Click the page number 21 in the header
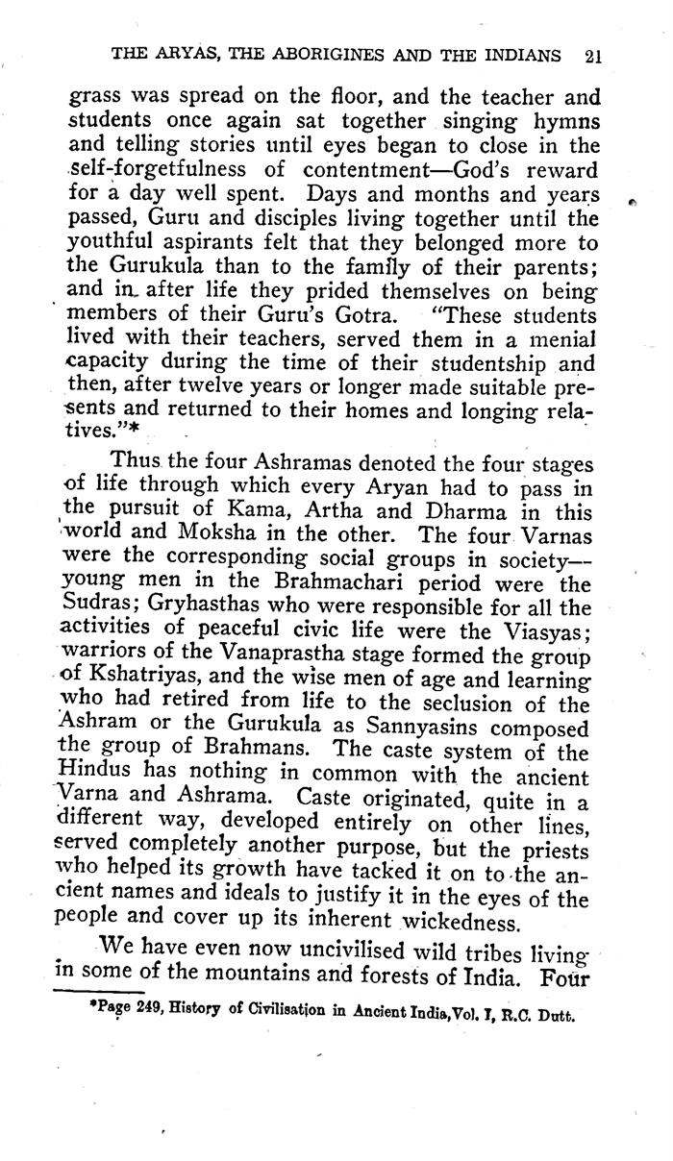point(592,56)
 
